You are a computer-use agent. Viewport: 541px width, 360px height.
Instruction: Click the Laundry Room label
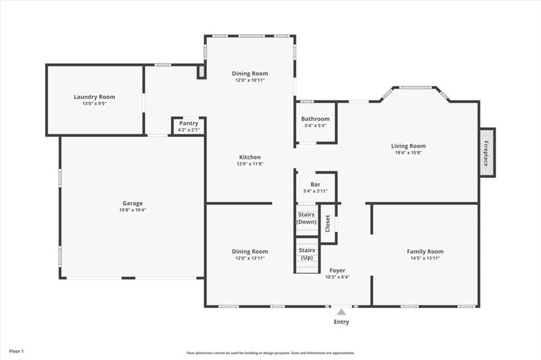tap(94, 97)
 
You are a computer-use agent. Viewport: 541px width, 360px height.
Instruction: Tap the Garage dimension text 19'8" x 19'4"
tap(133, 210)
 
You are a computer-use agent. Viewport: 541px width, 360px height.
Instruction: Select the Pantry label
tap(189, 123)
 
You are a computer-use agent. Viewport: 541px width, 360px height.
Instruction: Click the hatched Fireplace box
tap(487, 153)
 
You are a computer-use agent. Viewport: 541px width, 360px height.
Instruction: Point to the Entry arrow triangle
tap(342, 312)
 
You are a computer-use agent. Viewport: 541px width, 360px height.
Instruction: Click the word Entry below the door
tap(341, 322)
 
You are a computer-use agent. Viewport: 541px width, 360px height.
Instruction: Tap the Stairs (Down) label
tap(306, 218)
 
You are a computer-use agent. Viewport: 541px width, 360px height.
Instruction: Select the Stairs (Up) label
tap(306, 253)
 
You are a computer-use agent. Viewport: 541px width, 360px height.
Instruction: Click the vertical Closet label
tap(328, 223)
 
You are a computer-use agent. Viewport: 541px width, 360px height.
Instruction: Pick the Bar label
tap(315, 184)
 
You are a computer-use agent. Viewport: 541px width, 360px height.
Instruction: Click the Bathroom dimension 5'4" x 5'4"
tap(315, 126)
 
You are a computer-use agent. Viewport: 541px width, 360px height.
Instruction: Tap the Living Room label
tap(408, 146)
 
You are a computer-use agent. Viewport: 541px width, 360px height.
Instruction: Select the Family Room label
tap(425, 251)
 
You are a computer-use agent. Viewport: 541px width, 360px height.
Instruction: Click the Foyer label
tap(337, 270)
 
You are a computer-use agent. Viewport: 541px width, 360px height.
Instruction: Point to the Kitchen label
tap(250, 157)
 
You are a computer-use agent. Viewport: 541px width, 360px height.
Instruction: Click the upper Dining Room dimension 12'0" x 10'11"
tap(250, 80)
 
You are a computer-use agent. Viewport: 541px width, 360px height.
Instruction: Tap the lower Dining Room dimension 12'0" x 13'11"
tap(250, 258)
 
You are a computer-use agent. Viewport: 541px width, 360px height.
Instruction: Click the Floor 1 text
tap(16, 351)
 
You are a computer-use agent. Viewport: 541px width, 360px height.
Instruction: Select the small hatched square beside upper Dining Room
tap(201, 71)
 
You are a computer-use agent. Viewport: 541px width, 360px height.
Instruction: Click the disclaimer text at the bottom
tap(270, 353)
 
